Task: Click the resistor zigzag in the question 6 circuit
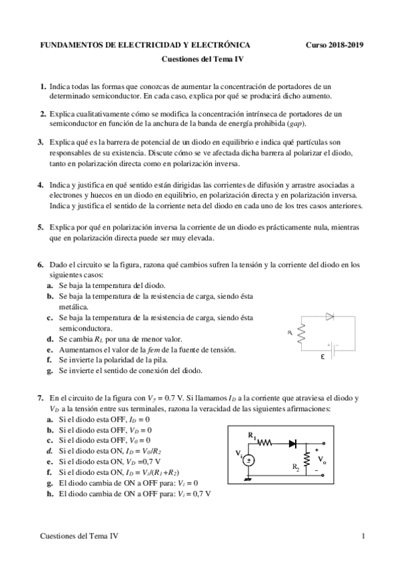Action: click(301, 333)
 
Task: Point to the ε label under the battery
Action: click(323, 356)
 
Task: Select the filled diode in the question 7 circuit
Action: click(291, 442)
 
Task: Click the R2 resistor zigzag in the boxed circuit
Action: click(306, 459)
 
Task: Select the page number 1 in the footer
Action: click(363, 536)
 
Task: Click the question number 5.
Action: click(41, 227)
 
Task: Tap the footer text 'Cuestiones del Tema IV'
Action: click(80, 536)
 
